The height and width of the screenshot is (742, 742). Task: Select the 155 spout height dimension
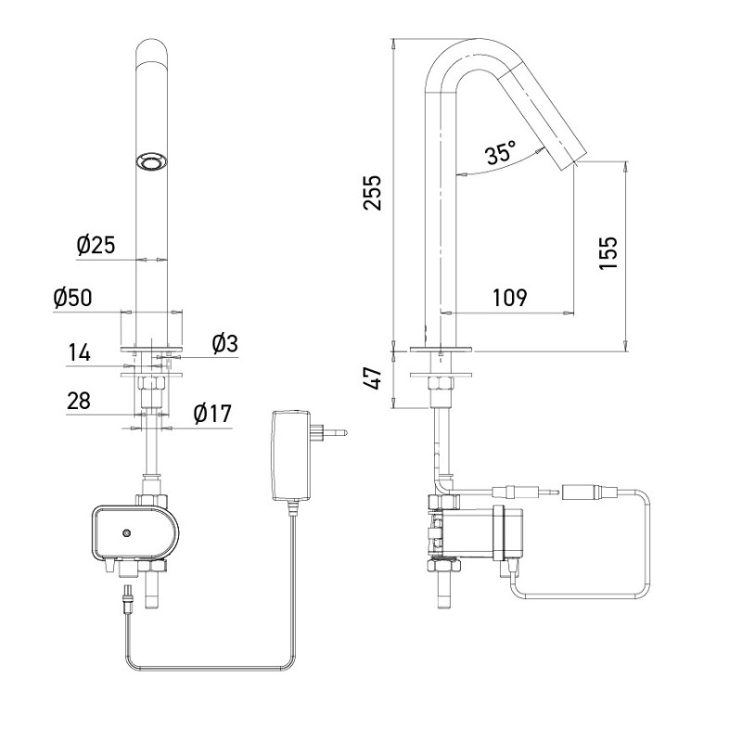608,250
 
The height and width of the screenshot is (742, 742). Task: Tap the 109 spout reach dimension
508,298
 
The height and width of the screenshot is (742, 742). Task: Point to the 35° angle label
502,153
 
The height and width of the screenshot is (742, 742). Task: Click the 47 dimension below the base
373,378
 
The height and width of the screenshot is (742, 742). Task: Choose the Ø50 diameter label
74,299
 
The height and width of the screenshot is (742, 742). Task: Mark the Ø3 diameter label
224,344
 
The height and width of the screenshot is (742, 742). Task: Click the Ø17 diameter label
213,415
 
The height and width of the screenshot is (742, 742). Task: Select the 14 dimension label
80,353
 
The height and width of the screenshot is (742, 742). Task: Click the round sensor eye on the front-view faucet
148,162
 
